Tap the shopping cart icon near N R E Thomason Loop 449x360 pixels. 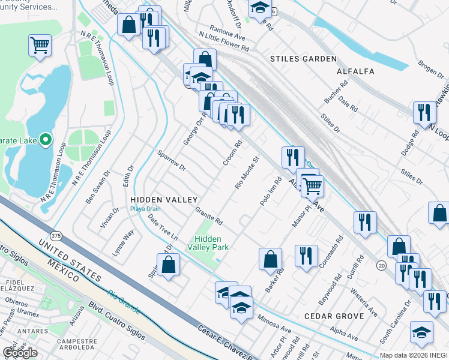40,45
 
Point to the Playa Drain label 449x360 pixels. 145,209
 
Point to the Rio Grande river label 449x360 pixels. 124,302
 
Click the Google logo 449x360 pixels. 20,353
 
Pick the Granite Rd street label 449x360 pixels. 209,216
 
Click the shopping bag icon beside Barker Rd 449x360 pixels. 270,259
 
